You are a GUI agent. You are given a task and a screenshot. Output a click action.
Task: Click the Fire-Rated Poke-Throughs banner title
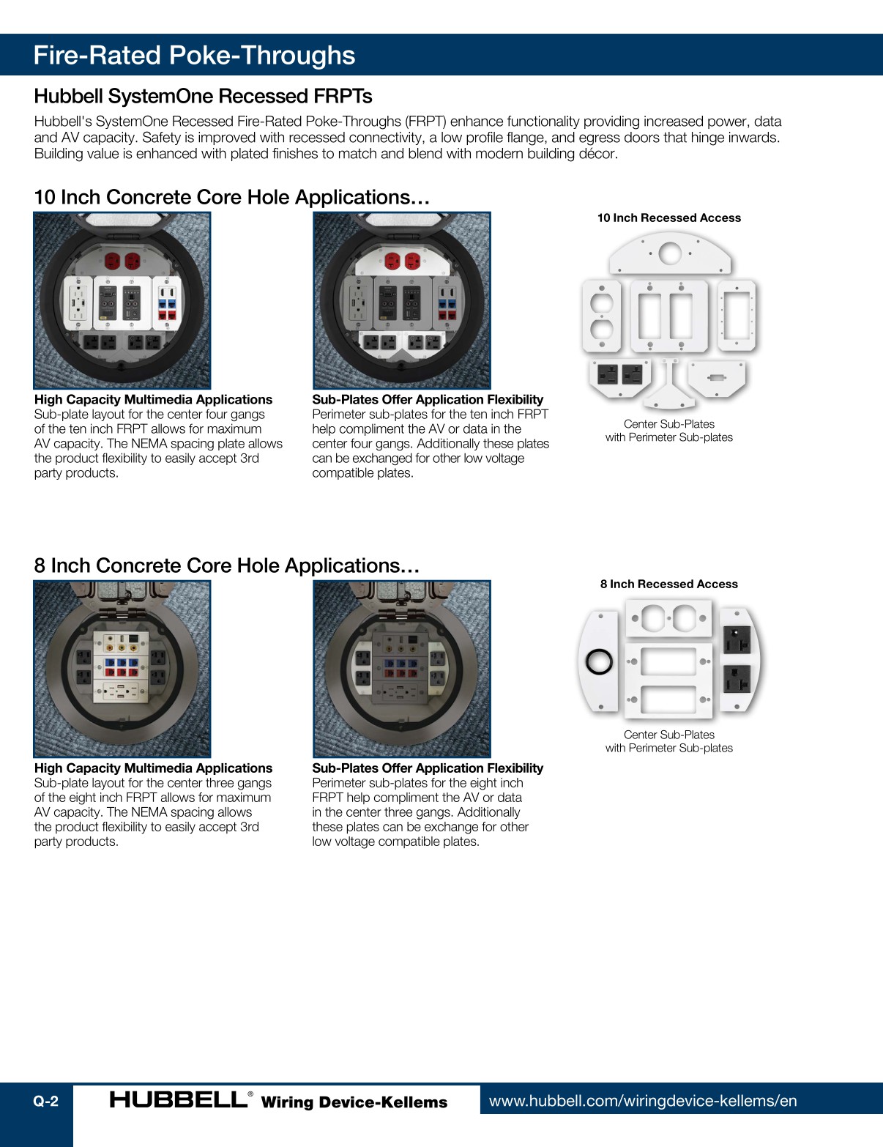[194, 56]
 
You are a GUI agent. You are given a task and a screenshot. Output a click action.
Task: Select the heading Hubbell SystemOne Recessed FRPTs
[203, 96]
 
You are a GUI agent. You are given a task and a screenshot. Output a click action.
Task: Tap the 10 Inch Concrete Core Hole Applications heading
[231, 197]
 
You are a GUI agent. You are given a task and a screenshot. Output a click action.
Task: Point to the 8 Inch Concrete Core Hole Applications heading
[226, 565]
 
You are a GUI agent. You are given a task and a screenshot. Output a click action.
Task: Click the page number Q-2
[45, 1102]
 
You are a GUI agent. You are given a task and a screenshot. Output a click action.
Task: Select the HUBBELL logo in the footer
[178, 1099]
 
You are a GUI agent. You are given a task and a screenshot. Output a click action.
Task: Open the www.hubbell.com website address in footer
[642, 1101]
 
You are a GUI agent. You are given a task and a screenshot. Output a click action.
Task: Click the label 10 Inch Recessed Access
[668, 218]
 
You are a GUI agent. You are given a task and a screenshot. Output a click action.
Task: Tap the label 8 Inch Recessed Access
[668, 584]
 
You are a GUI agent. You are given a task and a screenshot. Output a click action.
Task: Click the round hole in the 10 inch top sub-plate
[669, 253]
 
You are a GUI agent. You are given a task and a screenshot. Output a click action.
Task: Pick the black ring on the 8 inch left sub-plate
[599, 661]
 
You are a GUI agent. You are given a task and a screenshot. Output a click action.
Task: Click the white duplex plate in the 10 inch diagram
[602, 316]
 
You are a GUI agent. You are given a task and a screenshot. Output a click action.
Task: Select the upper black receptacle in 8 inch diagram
[737, 639]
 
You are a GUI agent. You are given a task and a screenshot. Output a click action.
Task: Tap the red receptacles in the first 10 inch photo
[122, 261]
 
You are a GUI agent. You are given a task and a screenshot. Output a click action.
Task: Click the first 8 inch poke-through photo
[122, 669]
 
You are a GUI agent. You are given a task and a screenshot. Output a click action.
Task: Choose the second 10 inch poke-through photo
[401, 300]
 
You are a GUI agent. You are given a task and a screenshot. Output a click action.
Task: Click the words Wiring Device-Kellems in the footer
[354, 1102]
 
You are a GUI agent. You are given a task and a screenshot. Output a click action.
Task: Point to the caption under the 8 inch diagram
[668, 741]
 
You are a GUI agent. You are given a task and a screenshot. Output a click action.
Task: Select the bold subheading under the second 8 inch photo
[428, 768]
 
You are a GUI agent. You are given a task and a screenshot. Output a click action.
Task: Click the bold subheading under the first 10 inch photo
[153, 399]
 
